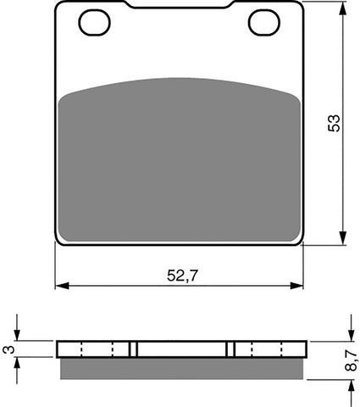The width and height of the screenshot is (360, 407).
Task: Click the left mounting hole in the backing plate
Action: [x=94, y=23]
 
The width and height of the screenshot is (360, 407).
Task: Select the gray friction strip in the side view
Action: [x=179, y=366]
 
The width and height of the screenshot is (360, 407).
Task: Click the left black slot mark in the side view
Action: [x=133, y=349]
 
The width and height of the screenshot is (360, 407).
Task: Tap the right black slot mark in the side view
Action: [x=231, y=349]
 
